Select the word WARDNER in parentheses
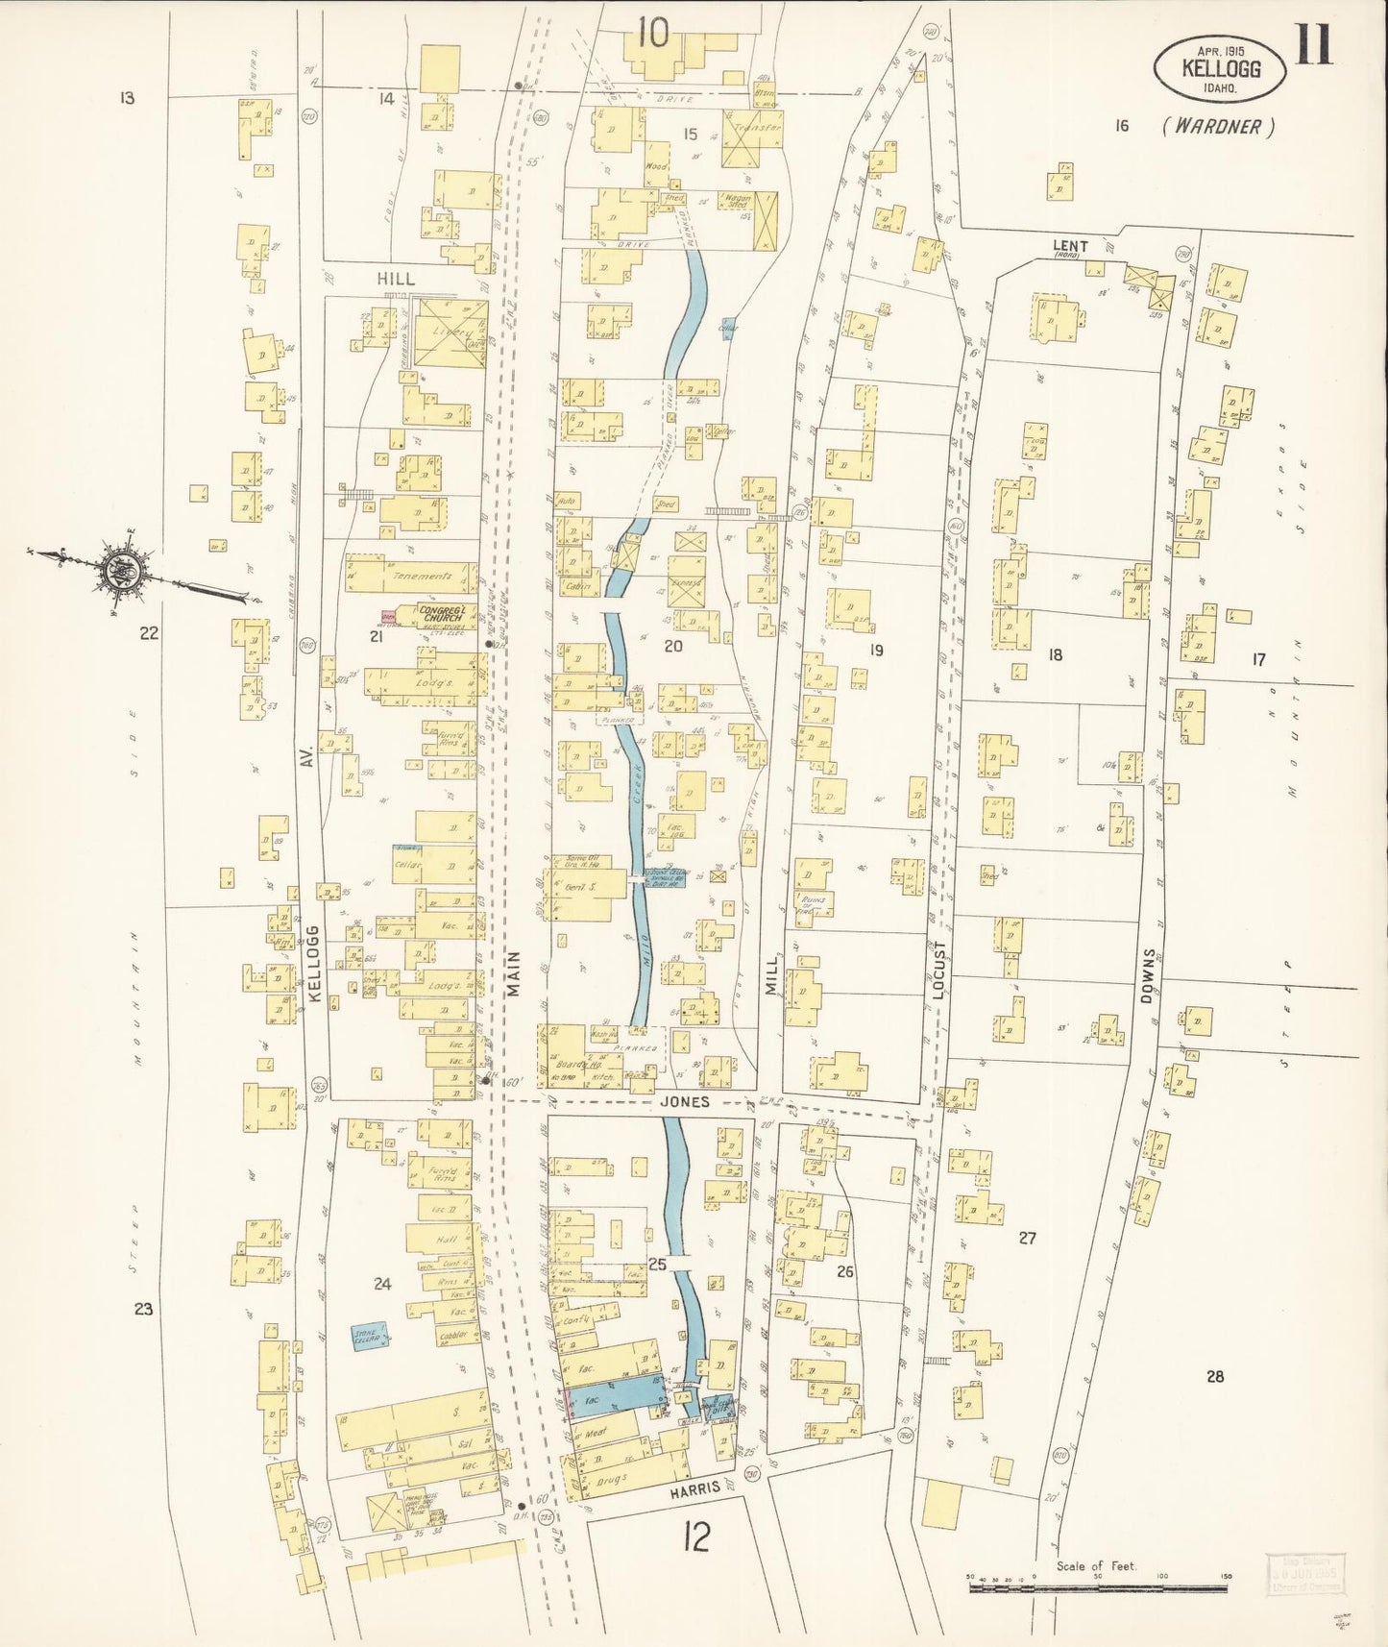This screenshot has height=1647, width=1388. (1218, 126)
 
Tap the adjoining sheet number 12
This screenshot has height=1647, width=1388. (696, 1537)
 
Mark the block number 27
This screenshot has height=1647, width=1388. (1027, 1238)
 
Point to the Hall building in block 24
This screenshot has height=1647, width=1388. (446, 1240)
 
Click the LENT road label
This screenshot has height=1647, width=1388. (1068, 246)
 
